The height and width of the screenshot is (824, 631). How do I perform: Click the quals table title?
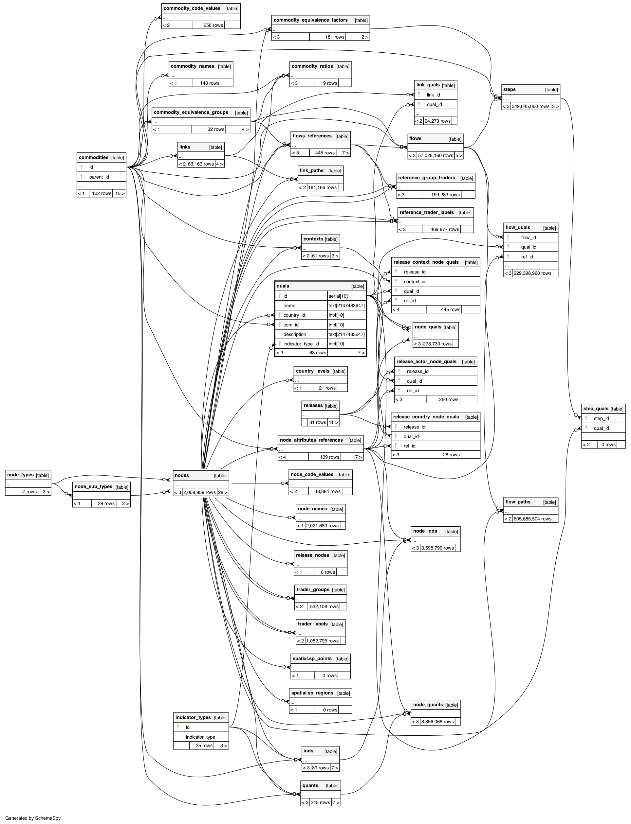click(x=283, y=286)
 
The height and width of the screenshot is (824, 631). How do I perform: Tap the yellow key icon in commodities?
click(x=81, y=167)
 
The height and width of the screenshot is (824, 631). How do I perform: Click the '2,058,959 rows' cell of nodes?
click(x=199, y=492)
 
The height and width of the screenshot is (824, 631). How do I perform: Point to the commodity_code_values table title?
click(x=192, y=8)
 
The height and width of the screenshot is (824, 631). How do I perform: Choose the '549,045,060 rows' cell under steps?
click(x=530, y=106)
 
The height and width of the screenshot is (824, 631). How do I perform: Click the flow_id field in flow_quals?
click(x=528, y=237)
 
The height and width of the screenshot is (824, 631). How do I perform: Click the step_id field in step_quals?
click(x=601, y=418)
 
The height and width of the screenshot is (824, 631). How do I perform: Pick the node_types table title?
click(x=20, y=475)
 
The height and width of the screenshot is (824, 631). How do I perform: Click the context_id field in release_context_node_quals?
click(x=414, y=282)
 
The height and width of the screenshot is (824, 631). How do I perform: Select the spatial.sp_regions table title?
click(x=312, y=693)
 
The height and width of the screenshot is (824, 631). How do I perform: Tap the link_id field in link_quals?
click(x=433, y=95)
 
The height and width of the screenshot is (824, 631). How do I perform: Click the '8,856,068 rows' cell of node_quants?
click(x=437, y=722)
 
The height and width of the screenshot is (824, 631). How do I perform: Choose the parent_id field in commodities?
click(x=99, y=177)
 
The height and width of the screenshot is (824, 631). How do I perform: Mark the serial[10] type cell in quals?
click(x=338, y=296)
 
